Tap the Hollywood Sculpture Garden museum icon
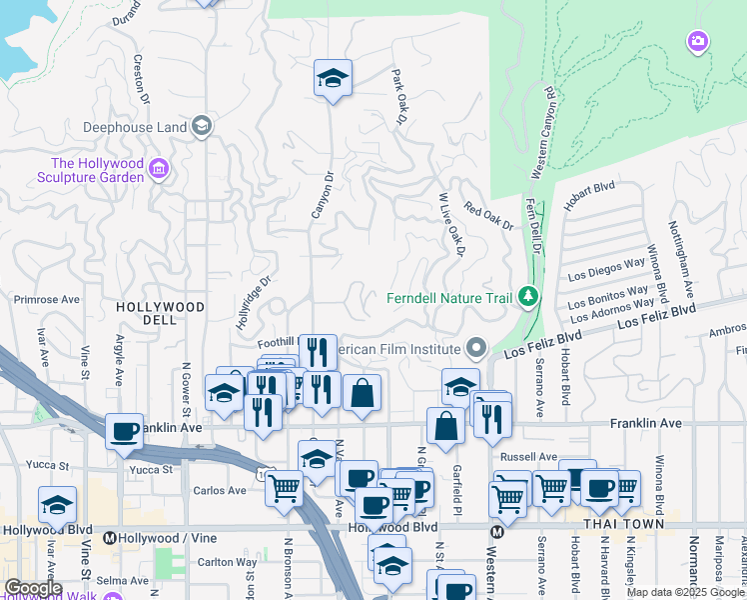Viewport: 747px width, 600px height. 158,171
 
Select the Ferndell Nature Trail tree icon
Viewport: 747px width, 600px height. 527,297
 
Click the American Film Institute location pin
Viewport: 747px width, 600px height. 476,349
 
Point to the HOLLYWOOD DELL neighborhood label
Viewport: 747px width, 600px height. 160,313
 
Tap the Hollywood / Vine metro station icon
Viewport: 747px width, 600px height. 110,538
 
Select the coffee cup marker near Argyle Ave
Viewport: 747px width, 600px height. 124,432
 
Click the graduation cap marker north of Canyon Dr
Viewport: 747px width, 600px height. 333,79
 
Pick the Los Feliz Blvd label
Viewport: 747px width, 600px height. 655,319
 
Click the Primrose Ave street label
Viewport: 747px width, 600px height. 45,299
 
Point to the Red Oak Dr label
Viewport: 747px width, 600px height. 488,216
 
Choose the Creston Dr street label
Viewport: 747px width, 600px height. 141,80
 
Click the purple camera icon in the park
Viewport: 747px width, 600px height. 697,41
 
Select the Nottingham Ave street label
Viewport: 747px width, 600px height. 682,260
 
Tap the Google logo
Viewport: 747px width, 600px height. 33,588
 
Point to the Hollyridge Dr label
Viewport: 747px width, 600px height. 253,305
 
